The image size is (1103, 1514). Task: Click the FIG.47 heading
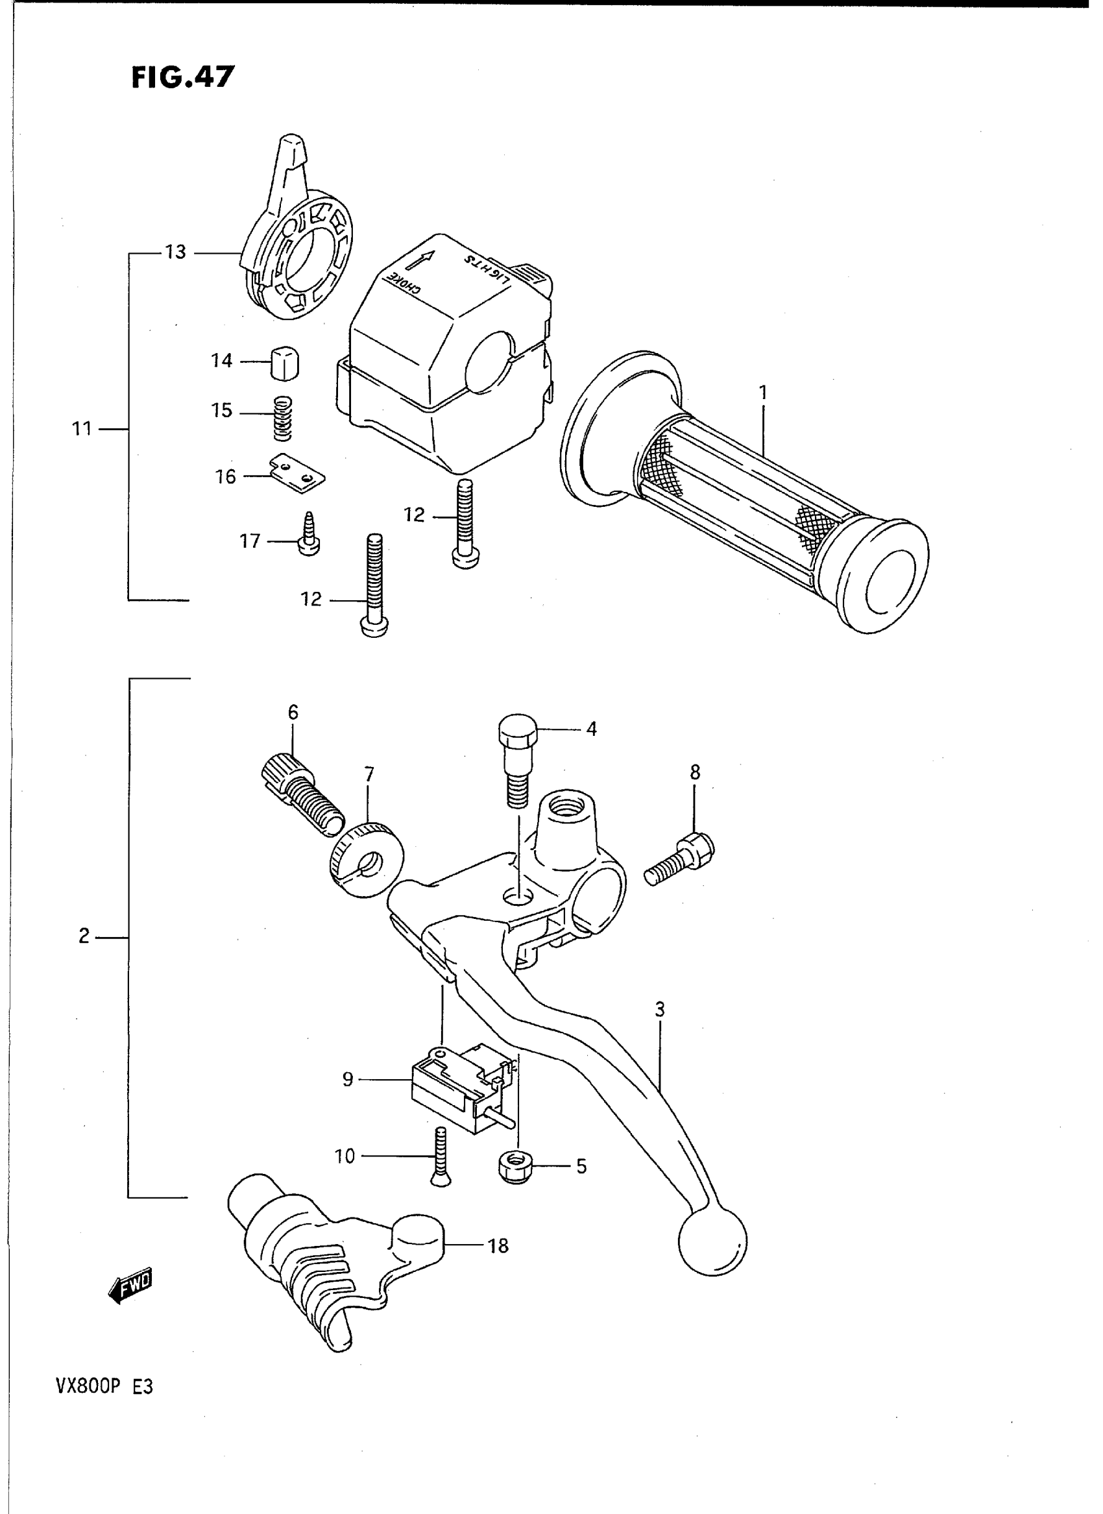coord(182,77)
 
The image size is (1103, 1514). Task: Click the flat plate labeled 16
coord(298,475)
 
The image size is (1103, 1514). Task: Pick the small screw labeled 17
coord(309,533)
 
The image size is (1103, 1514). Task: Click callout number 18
coord(498,1245)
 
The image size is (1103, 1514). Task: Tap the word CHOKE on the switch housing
coord(404,283)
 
